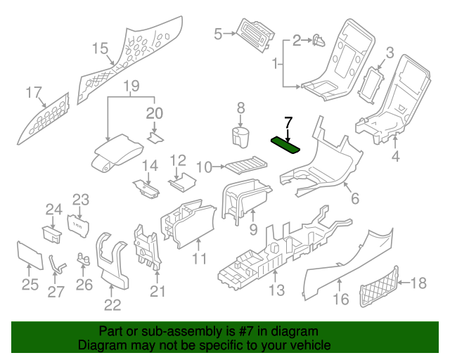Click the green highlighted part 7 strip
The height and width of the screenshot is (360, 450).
[285, 143]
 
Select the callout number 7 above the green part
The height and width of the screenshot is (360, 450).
[287, 123]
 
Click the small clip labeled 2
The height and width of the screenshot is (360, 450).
[318, 40]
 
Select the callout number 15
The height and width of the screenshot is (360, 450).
[100, 48]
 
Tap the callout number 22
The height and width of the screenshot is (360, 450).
[112, 304]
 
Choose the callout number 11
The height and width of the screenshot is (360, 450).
[200, 259]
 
